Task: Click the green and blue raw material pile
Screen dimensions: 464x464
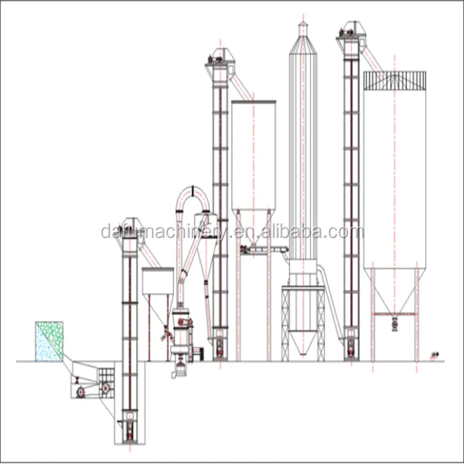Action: (49, 341)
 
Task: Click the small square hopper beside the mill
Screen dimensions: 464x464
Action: (157, 281)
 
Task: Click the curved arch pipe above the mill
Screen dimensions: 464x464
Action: (193, 196)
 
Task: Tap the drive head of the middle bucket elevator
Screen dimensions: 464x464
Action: (220, 59)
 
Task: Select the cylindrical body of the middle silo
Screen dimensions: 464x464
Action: (253, 155)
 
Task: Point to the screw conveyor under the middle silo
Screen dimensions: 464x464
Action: (263, 250)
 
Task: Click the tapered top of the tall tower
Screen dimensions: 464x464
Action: (302, 43)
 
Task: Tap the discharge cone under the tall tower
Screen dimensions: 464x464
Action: (302, 340)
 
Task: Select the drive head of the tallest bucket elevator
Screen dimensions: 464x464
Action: (350, 32)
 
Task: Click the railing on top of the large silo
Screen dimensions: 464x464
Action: (394, 80)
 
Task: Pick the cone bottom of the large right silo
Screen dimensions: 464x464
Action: (394, 290)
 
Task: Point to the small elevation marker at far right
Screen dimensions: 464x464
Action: (435, 356)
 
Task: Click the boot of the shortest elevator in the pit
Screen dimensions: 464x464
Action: (129, 429)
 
